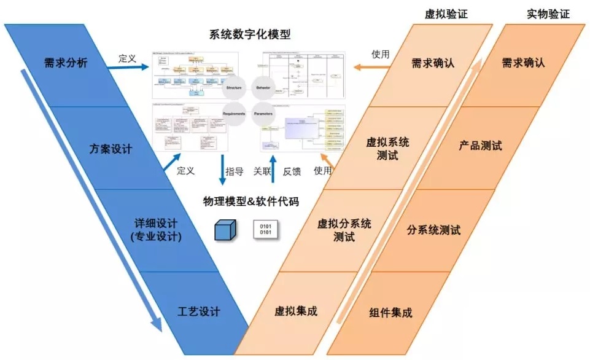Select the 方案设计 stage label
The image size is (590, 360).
pos(111,149)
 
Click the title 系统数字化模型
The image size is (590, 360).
pos(250,35)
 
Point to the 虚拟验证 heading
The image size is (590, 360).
pos(446,14)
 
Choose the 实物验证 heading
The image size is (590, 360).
pos(548,14)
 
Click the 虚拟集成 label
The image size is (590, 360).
pos(296,311)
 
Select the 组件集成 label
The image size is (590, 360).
pos(391,313)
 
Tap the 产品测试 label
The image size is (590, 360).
pos(480,146)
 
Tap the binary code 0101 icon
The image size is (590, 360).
pos(266,229)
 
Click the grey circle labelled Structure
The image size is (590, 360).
pos(234,88)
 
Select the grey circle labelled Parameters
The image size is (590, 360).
pos(263,114)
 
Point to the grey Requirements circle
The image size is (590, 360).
pos(234,114)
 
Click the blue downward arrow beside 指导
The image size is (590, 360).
pos(222,171)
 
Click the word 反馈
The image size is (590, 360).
pos(292,172)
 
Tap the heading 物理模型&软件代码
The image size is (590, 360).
pos(250,201)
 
